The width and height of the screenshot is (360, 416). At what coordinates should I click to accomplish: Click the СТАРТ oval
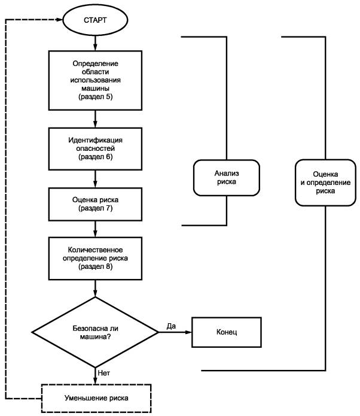tap(95, 20)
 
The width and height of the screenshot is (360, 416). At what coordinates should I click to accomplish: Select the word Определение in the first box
tap(96, 63)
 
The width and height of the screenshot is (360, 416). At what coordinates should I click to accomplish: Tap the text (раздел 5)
tap(96, 96)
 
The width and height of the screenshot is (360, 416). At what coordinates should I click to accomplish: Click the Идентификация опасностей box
tap(95, 149)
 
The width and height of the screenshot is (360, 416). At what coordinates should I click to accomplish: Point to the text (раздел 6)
tap(96, 157)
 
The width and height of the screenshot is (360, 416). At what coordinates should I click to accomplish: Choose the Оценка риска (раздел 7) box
tap(95, 204)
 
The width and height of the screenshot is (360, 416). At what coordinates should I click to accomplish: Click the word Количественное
tap(96, 250)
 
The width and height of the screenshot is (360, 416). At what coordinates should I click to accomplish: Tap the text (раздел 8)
tap(96, 266)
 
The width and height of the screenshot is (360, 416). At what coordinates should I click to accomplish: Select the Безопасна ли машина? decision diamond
tap(95, 332)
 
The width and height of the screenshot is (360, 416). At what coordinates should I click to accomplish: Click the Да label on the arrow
tap(171, 326)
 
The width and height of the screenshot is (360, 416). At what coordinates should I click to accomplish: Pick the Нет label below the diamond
tap(103, 373)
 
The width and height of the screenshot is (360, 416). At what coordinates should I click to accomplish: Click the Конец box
tap(227, 332)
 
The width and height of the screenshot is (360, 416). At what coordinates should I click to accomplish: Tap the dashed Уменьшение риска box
tap(96, 398)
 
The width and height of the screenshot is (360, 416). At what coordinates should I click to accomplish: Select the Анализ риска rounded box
tap(227, 178)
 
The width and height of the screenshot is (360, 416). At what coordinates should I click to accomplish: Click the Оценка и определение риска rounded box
tap(325, 183)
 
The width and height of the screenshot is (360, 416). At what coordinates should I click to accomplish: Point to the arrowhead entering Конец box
tap(189, 332)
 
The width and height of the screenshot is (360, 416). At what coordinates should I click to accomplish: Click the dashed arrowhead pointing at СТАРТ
tap(59, 20)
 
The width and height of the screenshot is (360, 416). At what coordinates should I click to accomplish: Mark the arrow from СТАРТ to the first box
tap(95, 43)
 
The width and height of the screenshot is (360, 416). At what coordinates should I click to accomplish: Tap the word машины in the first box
tap(96, 89)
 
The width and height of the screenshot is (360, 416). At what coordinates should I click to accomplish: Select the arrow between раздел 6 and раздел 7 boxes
tap(95, 179)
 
